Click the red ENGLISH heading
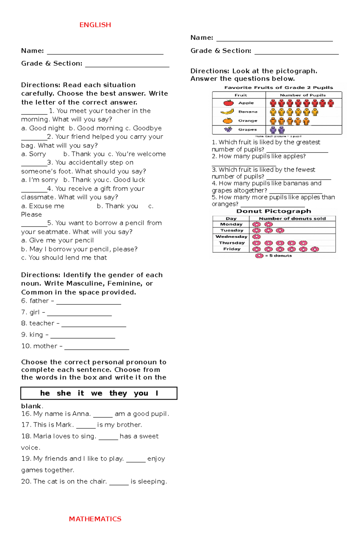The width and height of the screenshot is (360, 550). [x=95, y=25]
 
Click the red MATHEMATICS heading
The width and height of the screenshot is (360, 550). [x=95, y=519]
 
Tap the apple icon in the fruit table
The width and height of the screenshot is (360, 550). [x=228, y=103]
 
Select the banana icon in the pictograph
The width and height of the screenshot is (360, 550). [x=227, y=112]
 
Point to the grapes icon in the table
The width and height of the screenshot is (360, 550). [x=228, y=129]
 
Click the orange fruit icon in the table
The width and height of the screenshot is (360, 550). [x=228, y=120]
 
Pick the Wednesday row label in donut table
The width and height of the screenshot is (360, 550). [x=231, y=236]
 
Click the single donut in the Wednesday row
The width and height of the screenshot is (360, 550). [x=256, y=237]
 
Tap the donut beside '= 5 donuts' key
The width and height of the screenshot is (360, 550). [x=259, y=256]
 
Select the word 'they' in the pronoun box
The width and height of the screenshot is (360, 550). [x=118, y=393]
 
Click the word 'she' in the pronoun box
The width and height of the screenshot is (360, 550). [x=64, y=393]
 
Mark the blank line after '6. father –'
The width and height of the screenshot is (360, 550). [x=88, y=303]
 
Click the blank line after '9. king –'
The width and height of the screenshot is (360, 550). [x=82, y=337]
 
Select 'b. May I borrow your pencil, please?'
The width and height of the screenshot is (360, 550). [x=79, y=249]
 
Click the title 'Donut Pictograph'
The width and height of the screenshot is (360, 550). [x=274, y=211]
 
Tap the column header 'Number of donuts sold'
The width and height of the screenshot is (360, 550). [x=292, y=219]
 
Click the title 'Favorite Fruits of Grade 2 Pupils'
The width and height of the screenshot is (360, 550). [x=278, y=88]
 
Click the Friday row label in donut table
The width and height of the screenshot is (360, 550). [x=232, y=249]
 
